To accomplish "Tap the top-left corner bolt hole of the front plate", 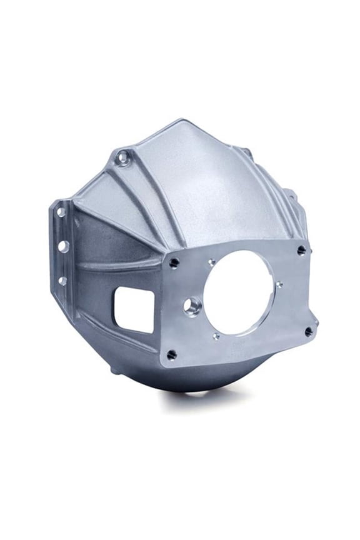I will click(174, 263).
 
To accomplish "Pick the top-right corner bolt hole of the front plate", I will click(301, 250).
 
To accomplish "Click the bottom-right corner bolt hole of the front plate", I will click(308, 332).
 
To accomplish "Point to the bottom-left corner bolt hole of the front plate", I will click(171, 354).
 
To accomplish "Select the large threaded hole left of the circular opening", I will click(192, 306).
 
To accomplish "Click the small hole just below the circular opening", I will click(216, 336).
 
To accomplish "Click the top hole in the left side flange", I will click(61, 212).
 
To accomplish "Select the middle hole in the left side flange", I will click(63, 246).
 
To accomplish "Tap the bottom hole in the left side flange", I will click(62, 281).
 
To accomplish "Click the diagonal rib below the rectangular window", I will click(119, 337).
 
